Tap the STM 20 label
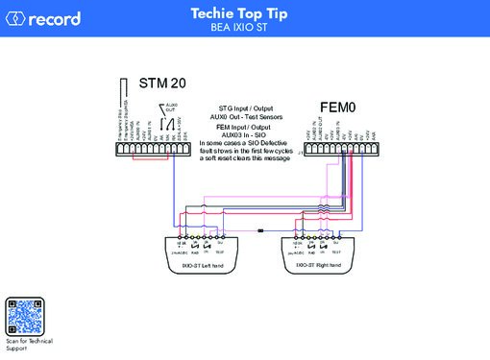pos(163,85)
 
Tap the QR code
pos(26,317)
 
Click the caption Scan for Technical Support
pos(28,344)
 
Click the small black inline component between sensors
pos(261,231)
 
